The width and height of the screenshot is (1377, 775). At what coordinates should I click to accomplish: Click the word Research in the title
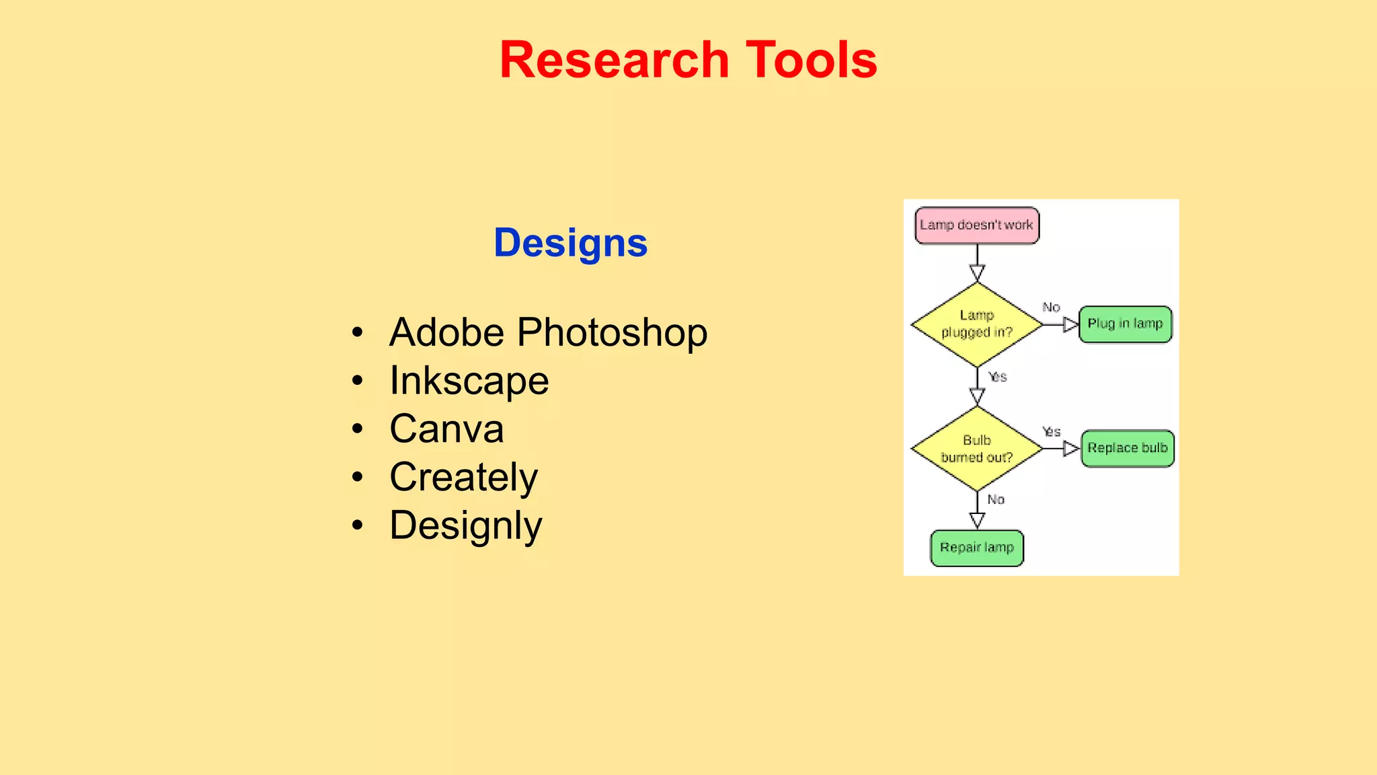click(614, 60)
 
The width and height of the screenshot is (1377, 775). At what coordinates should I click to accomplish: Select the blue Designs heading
click(570, 243)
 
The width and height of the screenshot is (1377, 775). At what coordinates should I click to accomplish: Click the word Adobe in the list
click(446, 332)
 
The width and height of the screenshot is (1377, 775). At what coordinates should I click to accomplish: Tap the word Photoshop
click(612, 332)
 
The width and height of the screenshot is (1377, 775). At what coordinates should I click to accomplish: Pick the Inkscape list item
click(469, 381)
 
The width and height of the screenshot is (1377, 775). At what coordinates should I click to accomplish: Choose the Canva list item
click(446, 429)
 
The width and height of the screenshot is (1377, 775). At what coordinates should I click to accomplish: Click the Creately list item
click(464, 478)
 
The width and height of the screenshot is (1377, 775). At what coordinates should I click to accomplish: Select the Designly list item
click(465, 525)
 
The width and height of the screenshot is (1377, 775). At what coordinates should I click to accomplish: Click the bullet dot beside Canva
click(358, 429)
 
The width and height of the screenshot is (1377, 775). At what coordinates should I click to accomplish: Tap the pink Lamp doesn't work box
click(976, 225)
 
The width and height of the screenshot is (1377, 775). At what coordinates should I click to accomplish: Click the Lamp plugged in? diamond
click(976, 324)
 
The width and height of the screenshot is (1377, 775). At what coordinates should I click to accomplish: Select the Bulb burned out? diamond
click(976, 449)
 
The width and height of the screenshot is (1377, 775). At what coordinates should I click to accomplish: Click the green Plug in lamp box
click(1125, 324)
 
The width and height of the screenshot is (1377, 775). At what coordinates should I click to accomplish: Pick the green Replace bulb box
click(1128, 449)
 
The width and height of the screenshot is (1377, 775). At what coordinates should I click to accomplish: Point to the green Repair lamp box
click(976, 548)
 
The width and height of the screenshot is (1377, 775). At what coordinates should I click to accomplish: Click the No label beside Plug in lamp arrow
click(1051, 307)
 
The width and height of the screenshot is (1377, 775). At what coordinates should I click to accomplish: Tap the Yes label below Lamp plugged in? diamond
click(998, 377)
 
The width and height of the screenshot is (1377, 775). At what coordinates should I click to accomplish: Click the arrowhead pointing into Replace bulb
click(1070, 449)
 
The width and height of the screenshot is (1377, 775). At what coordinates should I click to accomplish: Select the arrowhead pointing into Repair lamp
click(977, 520)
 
